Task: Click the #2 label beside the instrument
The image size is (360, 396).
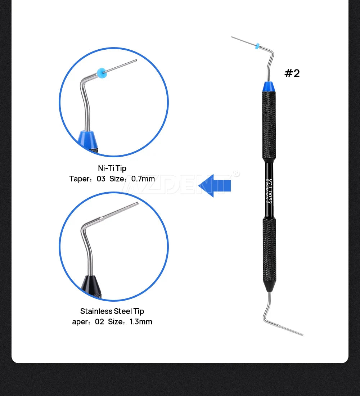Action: (x=292, y=73)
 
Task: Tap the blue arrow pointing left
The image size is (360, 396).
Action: (x=215, y=185)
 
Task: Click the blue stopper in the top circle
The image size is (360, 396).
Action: (x=102, y=73)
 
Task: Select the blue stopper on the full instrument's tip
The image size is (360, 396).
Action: (x=257, y=46)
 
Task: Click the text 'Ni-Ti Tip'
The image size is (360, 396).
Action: (x=112, y=168)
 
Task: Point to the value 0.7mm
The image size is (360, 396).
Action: (x=143, y=179)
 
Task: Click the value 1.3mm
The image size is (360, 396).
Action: (x=141, y=321)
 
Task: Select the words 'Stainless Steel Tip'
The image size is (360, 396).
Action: (x=112, y=311)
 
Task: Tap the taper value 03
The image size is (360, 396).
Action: (x=101, y=179)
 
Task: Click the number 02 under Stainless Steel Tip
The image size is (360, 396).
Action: (x=99, y=321)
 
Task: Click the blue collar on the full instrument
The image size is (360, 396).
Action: (x=269, y=86)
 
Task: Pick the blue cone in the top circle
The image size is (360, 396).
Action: (x=87, y=139)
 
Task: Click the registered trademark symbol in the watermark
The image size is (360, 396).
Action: (x=236, y=174)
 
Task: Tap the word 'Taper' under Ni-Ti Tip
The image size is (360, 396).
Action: (x=79, y=179)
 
